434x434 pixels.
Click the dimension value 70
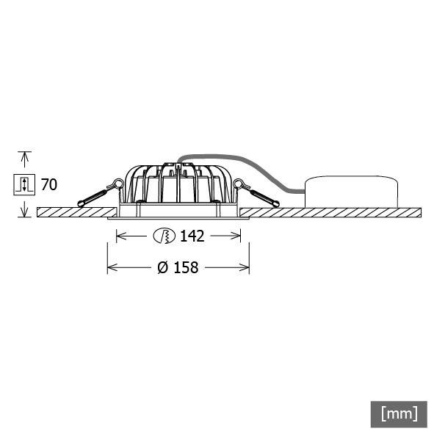coord(48,184)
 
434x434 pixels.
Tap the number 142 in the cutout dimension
coord(192,236)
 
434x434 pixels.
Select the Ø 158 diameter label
coord(178,267)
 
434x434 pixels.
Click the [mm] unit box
coord(399,413)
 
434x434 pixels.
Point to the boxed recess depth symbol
coord(25,184)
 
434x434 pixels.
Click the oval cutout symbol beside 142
coord(163,236)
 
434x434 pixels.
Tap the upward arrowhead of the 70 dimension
coord(25,156)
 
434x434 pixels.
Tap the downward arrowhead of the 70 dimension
coord(25,214)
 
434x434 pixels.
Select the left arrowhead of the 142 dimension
coord(121,236)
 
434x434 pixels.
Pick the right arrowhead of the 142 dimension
coord(236,236)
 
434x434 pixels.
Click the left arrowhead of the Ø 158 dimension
coord(112,267)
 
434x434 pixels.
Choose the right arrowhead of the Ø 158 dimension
coord(245,267)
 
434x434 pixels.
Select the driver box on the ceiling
coord(352,192)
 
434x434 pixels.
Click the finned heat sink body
coord(178,183)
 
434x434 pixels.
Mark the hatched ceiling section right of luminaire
coord(330,212)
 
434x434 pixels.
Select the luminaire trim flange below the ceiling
coord(178,217)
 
